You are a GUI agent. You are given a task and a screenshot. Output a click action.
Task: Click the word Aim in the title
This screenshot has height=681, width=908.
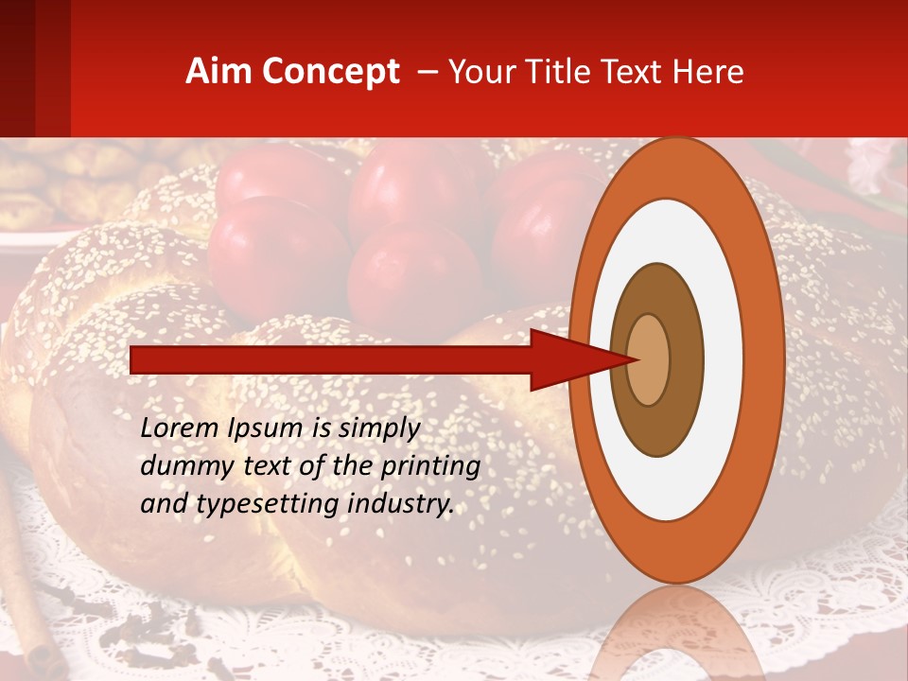(217, 72)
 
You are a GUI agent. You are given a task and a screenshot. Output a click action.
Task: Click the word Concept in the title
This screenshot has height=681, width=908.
(328, 72)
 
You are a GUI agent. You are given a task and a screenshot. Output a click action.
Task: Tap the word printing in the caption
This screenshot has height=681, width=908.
(430, 467)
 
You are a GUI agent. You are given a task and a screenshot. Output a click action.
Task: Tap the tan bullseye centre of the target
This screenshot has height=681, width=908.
(648, 359)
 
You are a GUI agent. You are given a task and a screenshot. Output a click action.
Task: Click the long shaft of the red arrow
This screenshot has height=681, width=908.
(331, 360)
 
